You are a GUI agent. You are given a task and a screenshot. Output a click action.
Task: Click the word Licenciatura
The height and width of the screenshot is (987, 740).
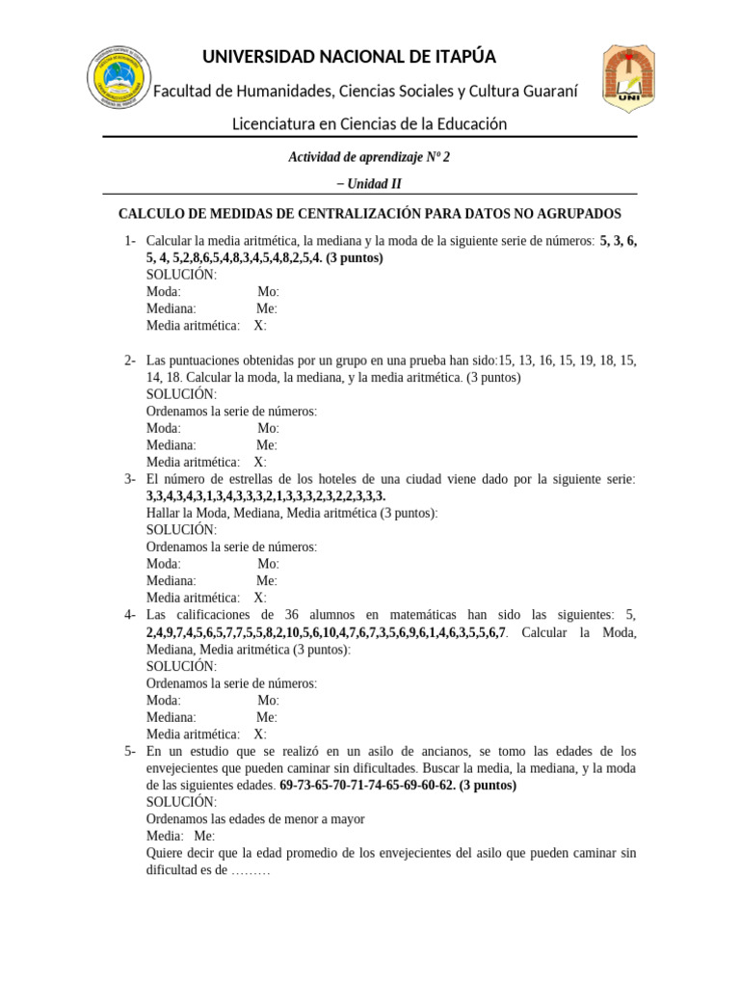pos(277,123)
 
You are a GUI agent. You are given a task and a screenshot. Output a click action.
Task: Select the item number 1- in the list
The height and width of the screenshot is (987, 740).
pos(130,241)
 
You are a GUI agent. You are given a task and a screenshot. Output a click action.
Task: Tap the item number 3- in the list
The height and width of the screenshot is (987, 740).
pos(130,479)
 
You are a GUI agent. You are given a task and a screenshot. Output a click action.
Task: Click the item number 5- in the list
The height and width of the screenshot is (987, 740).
pos(130,751)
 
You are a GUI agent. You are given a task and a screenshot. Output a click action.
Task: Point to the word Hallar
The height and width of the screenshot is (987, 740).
pos(165,513)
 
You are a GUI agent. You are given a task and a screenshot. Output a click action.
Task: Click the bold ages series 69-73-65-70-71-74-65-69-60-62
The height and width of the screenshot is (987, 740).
pos(367,786)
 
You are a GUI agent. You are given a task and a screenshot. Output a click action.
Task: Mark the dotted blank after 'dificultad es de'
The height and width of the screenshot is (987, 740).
pos(252,870)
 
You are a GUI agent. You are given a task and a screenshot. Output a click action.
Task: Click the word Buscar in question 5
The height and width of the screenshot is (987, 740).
pos(442,768)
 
